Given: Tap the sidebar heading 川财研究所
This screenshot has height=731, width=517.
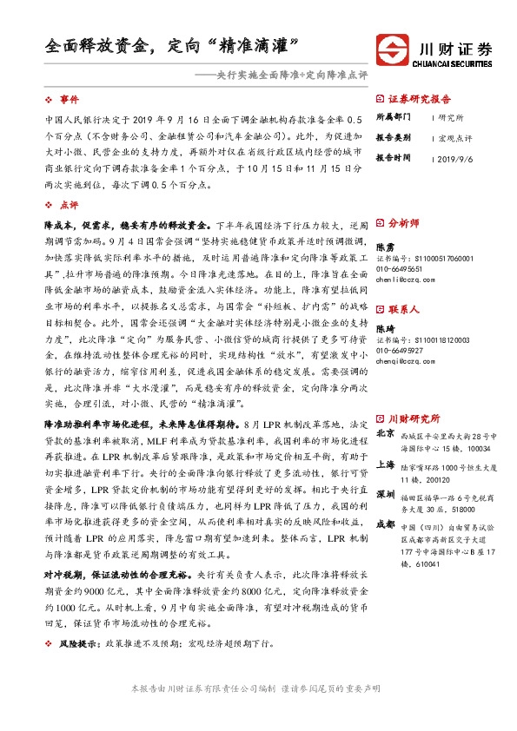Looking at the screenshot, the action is (413, 393).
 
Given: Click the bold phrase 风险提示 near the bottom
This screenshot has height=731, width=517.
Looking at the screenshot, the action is (76, 667).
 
